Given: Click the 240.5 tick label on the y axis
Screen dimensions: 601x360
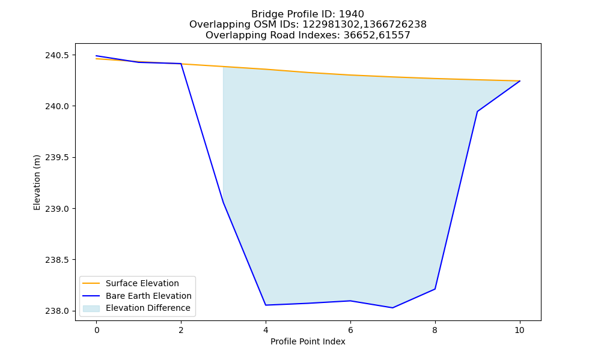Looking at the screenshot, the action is [x=58, y=55].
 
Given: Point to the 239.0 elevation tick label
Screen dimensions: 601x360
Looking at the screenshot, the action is [x=58, y=209].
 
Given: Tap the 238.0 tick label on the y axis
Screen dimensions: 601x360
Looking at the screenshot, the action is [x=58, y=311].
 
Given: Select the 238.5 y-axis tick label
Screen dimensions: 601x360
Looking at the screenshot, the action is [x=58, y=260].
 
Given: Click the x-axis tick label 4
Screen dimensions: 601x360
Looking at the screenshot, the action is [x=266, y=330].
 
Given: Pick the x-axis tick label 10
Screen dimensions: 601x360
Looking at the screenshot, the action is [x=519, y=330].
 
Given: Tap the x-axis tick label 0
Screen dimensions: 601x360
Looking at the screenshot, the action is [x=97, y=330].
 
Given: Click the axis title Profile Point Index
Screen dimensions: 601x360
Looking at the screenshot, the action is [x=308, y=341].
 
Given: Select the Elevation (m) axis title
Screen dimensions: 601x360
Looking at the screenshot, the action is [x=37, y=182].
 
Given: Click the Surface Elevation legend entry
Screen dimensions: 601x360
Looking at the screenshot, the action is [x=142, y=283].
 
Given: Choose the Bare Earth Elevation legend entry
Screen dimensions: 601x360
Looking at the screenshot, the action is [x=148, y=296].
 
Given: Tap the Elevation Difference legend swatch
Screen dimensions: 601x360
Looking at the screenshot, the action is [x=91, y=308].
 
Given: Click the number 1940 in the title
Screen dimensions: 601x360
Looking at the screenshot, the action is [x=352, y=14].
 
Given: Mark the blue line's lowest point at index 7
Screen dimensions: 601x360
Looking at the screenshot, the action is [x=392, y=308].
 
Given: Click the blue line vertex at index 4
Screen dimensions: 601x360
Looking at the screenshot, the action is [x=266, y=305].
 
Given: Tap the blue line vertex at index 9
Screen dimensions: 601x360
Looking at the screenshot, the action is [x=477, y=112].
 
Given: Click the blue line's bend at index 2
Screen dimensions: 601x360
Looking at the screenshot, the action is [x=181, y=64].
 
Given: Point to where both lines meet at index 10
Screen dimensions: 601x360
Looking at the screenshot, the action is [x=520, y=81].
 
